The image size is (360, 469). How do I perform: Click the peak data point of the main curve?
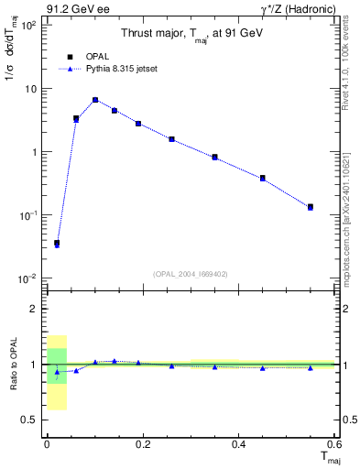coord(95,100)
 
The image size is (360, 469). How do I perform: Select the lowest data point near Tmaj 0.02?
coord(57,244)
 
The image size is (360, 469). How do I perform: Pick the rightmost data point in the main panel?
coord(311,207)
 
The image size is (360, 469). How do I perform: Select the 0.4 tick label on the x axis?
coord(238,444)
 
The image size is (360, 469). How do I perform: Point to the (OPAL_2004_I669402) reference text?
coord(191,273)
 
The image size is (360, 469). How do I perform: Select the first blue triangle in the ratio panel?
coord(57,372)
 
